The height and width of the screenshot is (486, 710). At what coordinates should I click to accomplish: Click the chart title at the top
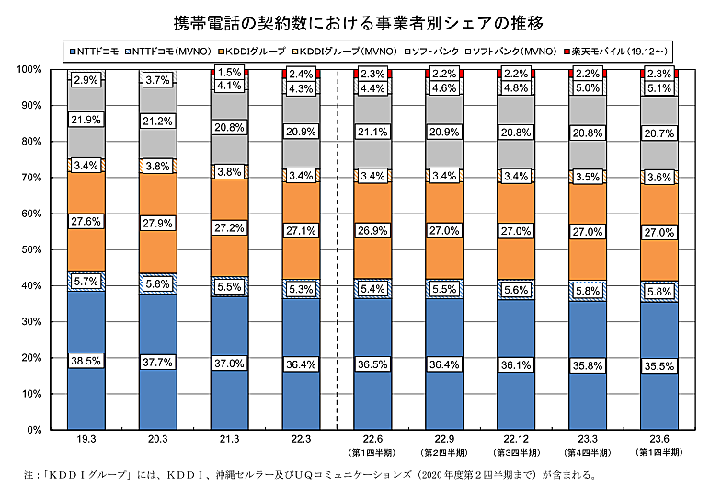pyautogui.click(x=354, y=20)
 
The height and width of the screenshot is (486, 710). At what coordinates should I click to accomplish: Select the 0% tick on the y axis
pyautogui.click(x=34, y=430)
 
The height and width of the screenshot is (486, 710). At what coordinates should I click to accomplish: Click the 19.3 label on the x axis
pyautogui.click(x=86, y=442)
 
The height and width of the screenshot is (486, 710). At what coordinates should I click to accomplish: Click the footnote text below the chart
pyautogui.click(x=313, y=475)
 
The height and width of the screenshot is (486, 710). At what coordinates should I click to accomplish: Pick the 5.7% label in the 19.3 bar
pyautogui.click(x=86, y=282)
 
